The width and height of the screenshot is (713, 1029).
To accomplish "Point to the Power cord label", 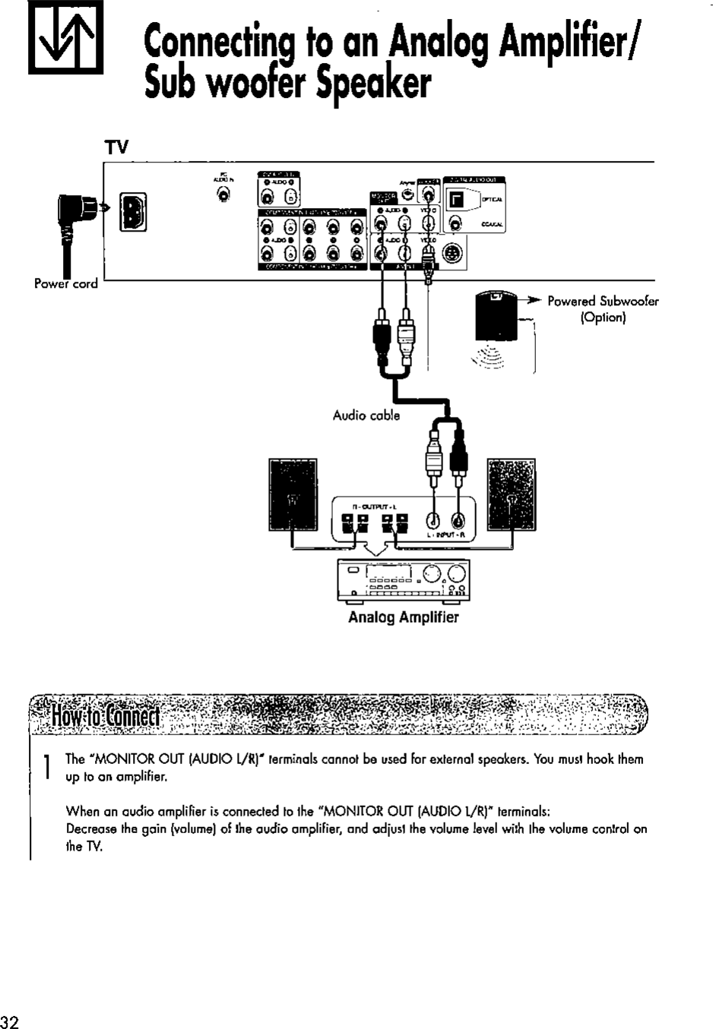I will (x=66, y=284).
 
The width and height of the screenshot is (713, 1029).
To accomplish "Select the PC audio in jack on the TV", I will (x=223, y=194).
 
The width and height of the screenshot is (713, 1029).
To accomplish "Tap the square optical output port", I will (x=455, y=200).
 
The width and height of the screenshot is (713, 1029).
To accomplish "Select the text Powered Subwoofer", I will (x=603, y=301).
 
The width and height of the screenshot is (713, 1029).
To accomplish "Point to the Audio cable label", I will (x=366, y=415).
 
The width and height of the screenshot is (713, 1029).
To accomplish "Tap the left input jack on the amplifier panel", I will (x=433, y=521).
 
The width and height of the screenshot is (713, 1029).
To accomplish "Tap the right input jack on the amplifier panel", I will (x=458, y=521).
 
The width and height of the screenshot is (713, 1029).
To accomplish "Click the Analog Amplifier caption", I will (x=403, y=617).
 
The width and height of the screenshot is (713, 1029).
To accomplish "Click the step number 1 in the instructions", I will (x=47, y=765).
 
